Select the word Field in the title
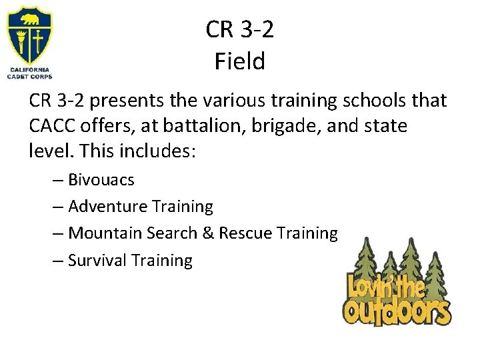tap(240, 62)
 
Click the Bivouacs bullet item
tap(101, 180)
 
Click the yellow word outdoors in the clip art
tap(397, 310)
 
